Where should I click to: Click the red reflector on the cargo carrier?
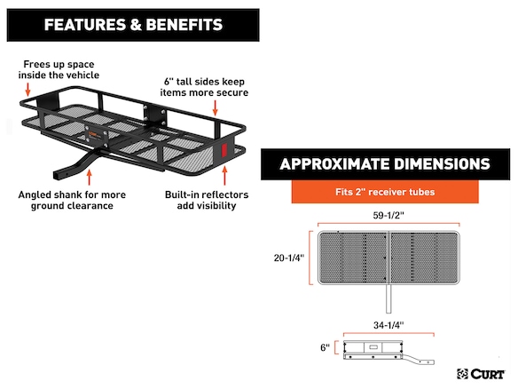[224, 150]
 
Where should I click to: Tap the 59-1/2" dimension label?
[388, 215]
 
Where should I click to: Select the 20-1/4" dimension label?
[289, 258]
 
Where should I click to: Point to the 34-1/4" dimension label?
[388, 325]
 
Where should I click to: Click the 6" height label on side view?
[325, 347]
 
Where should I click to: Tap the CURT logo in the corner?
[481, 374]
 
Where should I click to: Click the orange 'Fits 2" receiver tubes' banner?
[385, 192]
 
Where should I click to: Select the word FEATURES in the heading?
[85, 25]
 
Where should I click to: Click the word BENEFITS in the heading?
[184, 25]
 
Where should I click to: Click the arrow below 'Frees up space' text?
[28, 90]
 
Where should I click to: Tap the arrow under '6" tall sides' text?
[215, 107]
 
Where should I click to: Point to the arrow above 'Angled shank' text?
[89, 177]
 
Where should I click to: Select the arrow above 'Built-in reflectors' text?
[224, 175]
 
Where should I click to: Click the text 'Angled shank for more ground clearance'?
[72, 200]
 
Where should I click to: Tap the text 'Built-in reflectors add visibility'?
[207, 200]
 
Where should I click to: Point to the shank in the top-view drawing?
[388, 298]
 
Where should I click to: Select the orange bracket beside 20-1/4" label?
[310, 258]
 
